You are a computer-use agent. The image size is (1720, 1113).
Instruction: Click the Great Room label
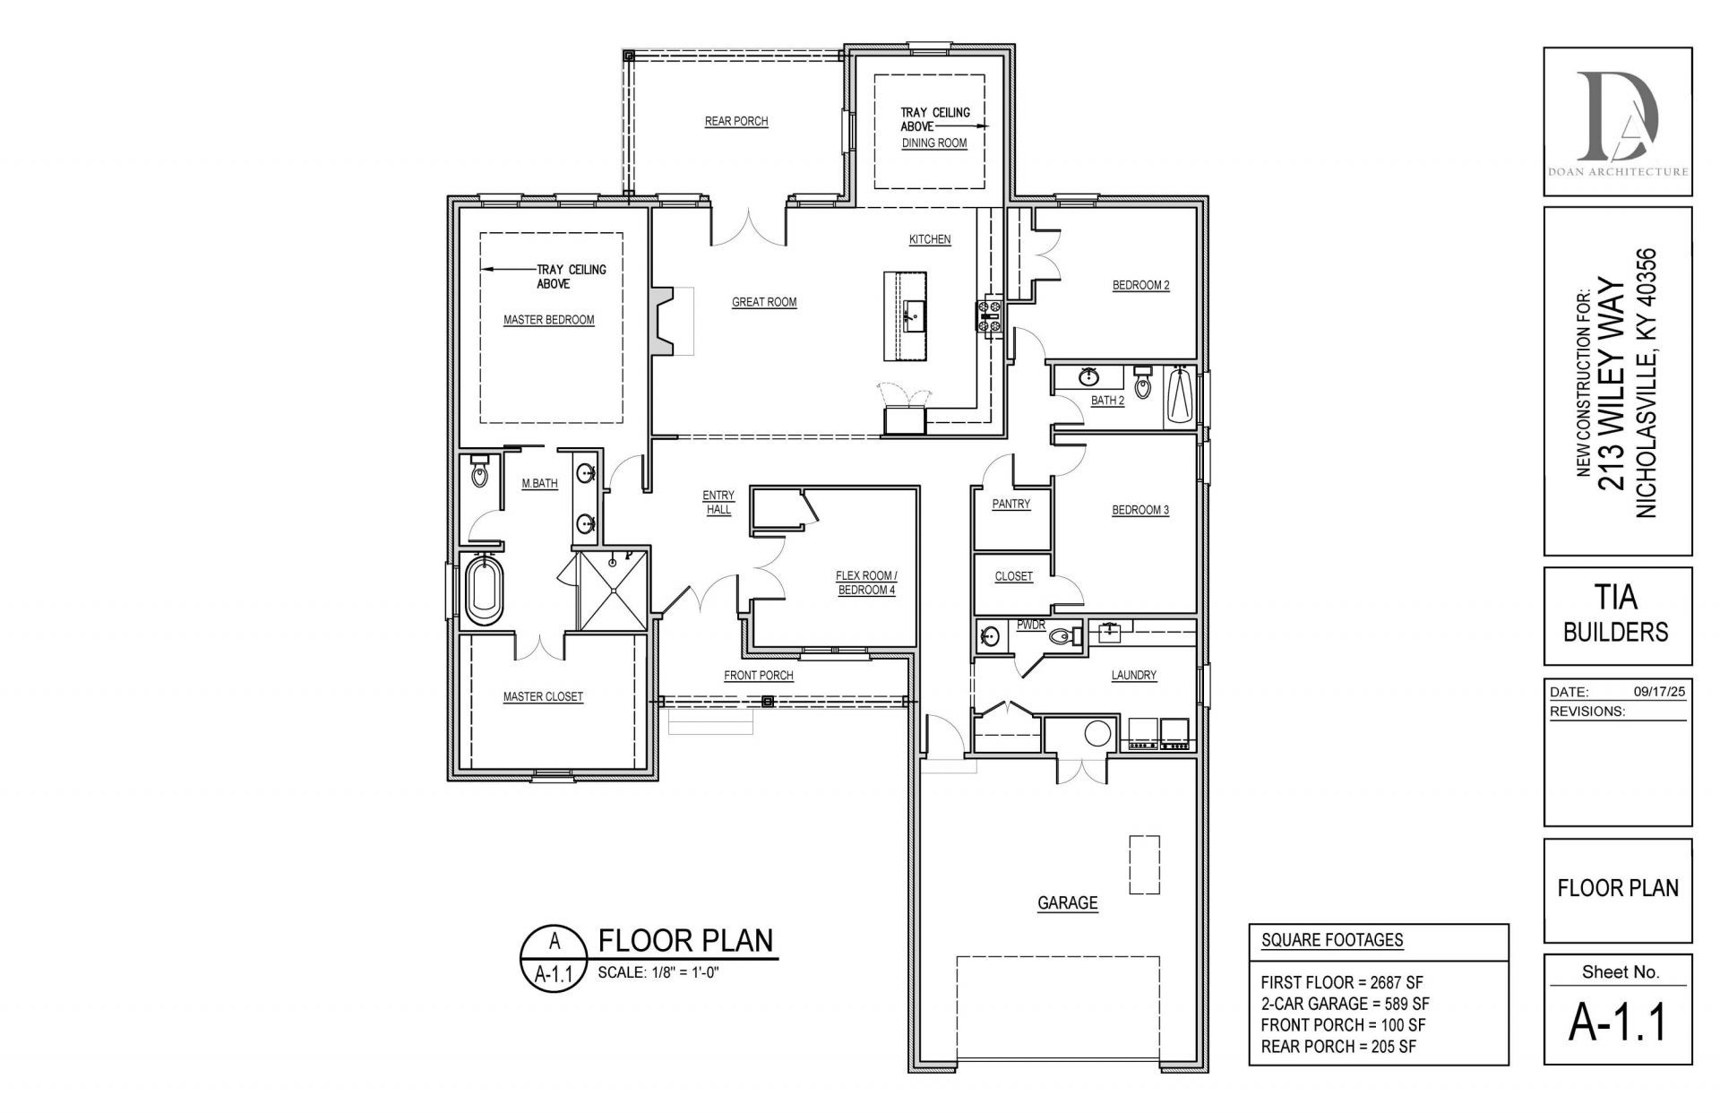pos(764,302)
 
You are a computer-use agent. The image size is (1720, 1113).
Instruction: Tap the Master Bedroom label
pos(548,320)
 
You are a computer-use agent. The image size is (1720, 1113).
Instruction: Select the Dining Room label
pos(934,142)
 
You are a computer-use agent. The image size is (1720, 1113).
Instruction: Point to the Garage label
pos(1068,903)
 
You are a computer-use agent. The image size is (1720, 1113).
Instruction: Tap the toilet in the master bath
pos(479,470)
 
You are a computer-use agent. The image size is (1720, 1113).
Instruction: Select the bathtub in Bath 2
pos(1179,395)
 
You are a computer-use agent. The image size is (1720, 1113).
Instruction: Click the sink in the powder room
pos(990,636)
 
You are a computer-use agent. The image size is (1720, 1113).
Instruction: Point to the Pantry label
pos(1011,504)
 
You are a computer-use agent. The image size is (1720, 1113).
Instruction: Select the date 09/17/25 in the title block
pos(1660,692)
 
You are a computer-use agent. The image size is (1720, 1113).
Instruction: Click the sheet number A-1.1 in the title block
pos(1618,1022)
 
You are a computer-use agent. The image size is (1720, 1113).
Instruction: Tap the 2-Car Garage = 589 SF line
pos(1345,1004)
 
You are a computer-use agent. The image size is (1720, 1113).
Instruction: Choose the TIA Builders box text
pos(1616,615)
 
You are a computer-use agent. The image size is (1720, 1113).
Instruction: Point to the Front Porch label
pos(759,676)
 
